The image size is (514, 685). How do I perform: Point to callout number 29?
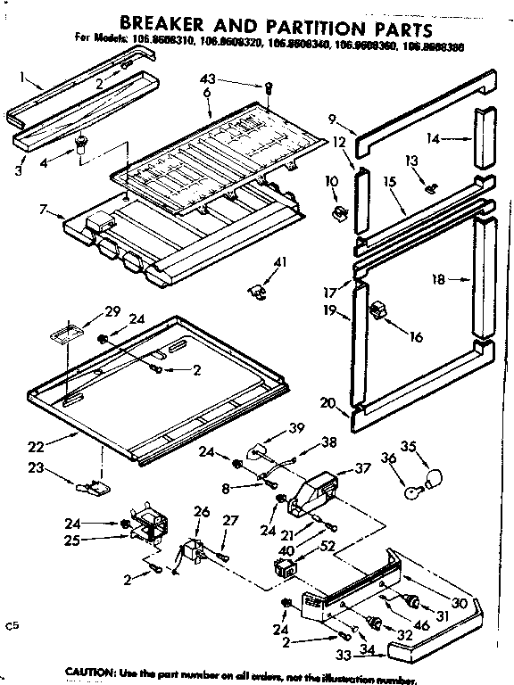112,310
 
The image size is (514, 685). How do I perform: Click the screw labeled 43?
269,87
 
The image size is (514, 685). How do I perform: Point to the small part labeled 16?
378,310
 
